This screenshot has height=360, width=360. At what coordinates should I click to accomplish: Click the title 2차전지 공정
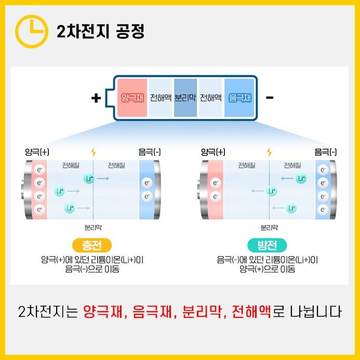click(100, 31)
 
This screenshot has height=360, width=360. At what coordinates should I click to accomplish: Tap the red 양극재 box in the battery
click(132, 98)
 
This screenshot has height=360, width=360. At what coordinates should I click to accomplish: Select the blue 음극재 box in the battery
click(240, 98)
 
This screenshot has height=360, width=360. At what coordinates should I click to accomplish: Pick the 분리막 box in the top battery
click(185, 98)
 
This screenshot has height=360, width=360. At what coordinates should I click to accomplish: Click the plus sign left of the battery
click(96, 98)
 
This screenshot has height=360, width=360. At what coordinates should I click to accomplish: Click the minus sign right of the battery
click(270, 98)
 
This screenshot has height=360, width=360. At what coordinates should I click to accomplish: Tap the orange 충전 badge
click(93, 245)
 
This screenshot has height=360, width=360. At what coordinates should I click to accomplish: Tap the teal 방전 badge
click(268, 245)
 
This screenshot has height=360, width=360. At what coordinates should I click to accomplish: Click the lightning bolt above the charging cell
click(94, 152)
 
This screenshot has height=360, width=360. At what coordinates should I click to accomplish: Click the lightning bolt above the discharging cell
click(269, 152)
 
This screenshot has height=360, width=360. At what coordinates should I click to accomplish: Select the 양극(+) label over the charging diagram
click(37, 152)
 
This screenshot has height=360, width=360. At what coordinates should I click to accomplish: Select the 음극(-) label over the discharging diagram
click(326, 152)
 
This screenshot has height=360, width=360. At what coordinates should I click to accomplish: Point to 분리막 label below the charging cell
click(93, 227)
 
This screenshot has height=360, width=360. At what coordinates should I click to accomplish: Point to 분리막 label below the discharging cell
click(269, 227)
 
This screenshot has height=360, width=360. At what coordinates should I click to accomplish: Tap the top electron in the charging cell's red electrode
click(39, 170)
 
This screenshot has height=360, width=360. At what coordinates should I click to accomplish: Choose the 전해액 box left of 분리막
click(161, 98)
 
